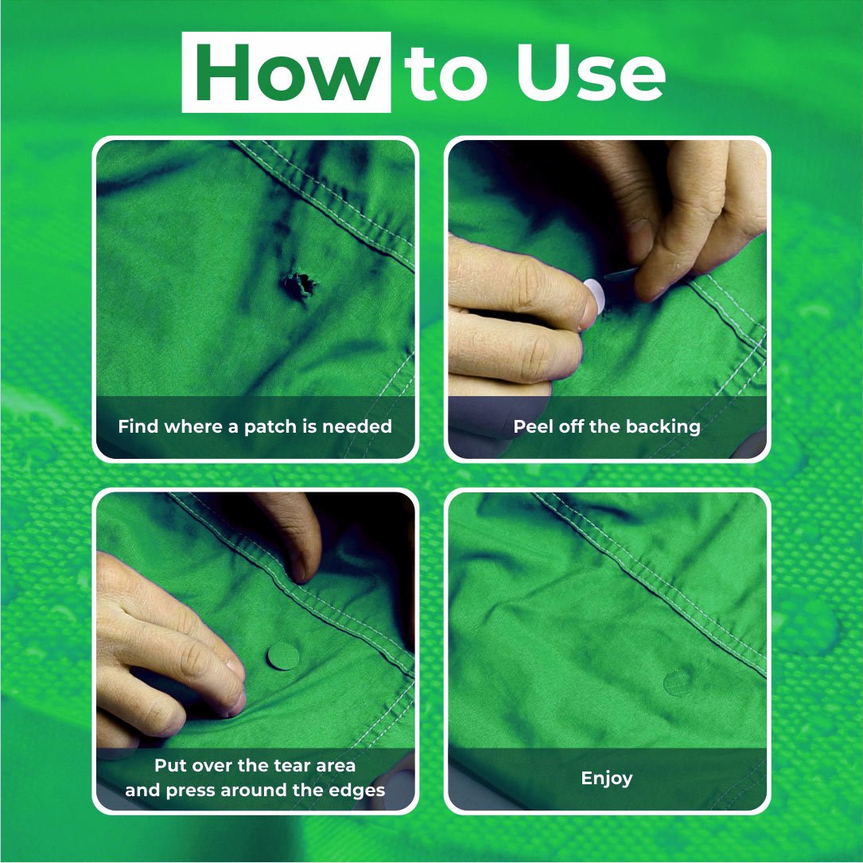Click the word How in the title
point(286,73)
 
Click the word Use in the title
point(589,73)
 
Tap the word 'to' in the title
point(445,75)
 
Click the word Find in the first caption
point(138,426)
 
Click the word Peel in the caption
point(532,426)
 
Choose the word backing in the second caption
point(663,426)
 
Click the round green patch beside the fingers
point(283,656)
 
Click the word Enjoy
point(607,778)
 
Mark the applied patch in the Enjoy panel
point(678,682)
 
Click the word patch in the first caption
point(270,426)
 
